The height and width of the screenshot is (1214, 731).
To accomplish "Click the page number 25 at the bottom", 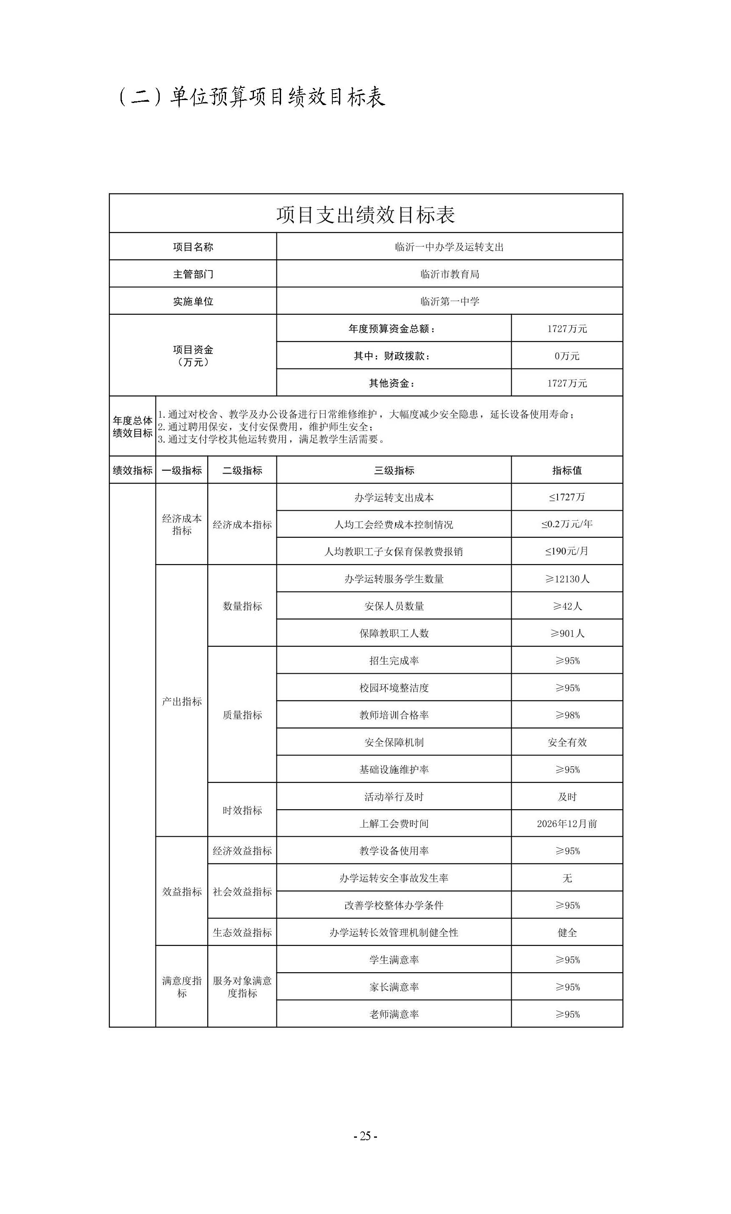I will pos(365,1136).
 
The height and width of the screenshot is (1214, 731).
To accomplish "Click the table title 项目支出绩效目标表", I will pos(365,215).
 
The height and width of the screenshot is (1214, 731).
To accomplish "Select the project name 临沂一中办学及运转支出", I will pos(449,247).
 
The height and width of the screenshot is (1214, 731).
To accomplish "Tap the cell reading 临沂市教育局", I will pos(449,274).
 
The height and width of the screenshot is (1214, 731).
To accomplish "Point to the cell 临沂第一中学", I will pos(449,301).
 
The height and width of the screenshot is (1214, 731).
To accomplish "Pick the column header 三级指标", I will pos(394,470).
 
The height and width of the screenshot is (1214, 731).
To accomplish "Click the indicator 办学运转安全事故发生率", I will pos(394,878).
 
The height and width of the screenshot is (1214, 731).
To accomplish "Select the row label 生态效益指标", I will pos(242,932).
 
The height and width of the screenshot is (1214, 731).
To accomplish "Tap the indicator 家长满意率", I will pos(394,987).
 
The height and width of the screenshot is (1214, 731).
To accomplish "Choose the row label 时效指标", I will pos(242,810).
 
